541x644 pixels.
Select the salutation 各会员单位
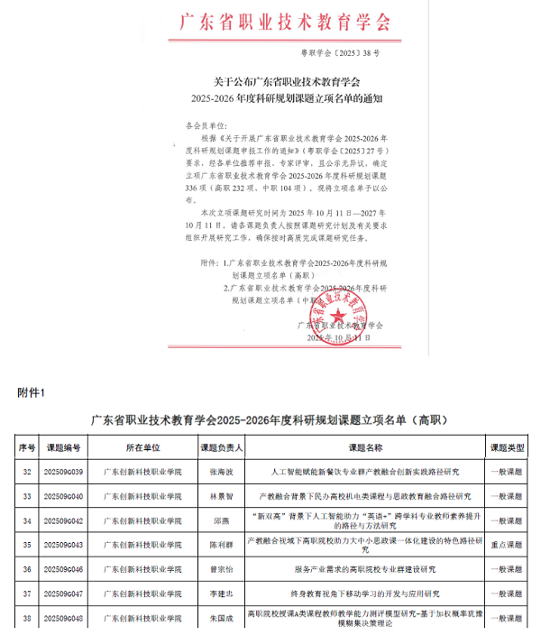(206, 120)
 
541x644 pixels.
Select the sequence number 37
(27, 594)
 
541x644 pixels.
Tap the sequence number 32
(27, 472)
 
